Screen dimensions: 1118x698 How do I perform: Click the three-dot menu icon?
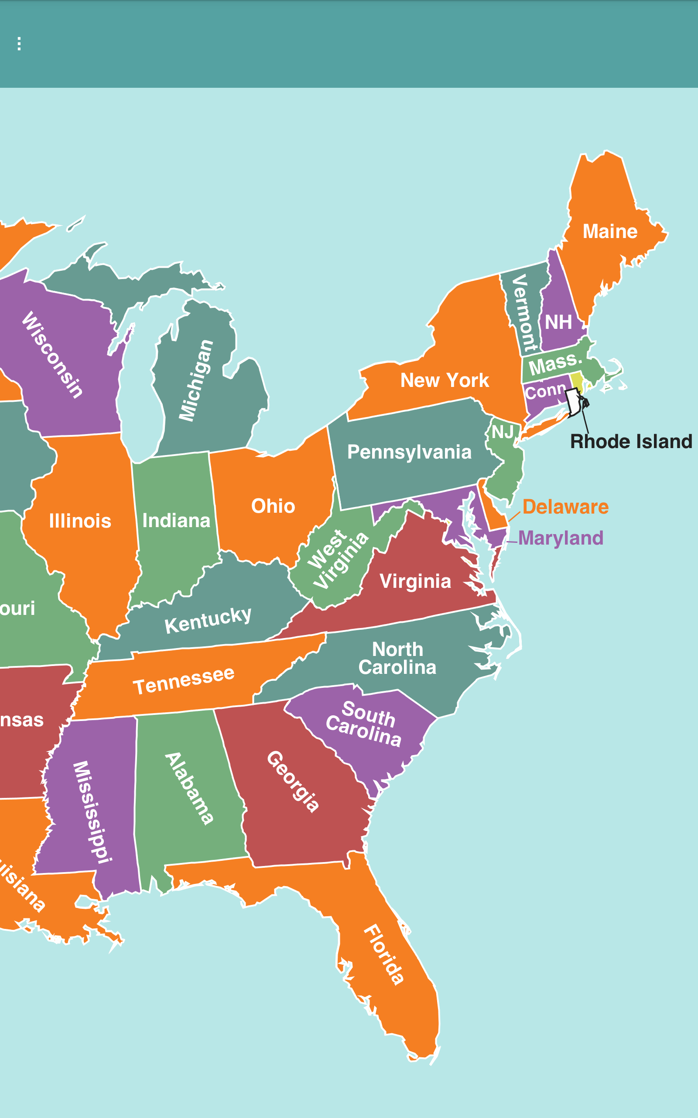tap(19, 44)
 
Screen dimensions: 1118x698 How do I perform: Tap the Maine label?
tap(610, 231)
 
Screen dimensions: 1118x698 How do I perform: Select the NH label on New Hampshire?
tap(558, 322)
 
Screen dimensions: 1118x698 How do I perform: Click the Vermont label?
tap(523, 313)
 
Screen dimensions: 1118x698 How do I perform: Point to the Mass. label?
tap(555, 364)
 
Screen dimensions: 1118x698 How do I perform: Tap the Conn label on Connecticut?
tap(545, 391)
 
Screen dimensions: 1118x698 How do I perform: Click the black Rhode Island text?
tap(631, 442)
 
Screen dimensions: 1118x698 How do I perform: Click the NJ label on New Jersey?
tap(503, 432)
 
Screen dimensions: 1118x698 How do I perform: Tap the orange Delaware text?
tap(565, 507)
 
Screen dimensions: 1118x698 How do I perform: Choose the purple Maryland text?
tap(561, 538)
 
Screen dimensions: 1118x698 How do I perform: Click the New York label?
tap(444, 381)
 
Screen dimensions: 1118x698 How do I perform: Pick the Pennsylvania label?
tap(409, 452)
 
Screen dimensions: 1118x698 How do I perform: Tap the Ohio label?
tap(273, 506)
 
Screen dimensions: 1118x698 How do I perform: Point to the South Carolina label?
tap(363, 724)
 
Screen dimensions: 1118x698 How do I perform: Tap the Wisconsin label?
tap(53, 354)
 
